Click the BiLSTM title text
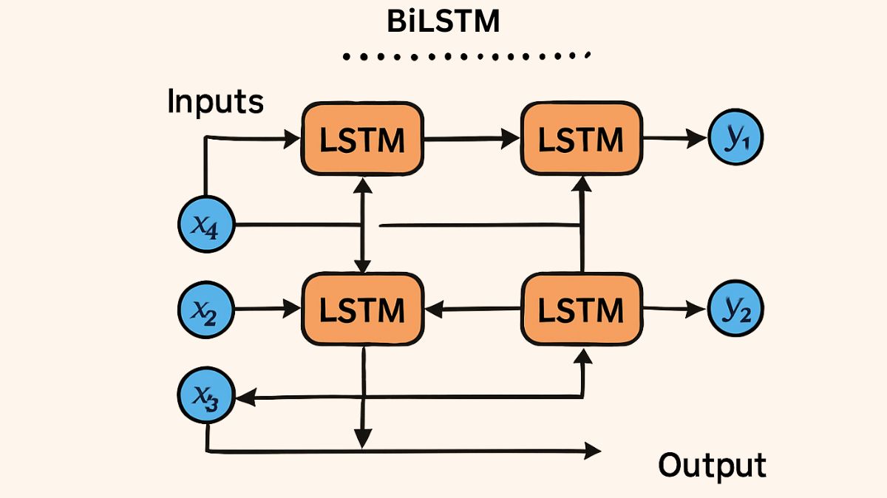coord(443,21)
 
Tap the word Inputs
coord(215,101)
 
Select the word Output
coord(713,465)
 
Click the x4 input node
coord(207,225)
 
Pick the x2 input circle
coord(206,310)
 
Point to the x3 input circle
coord(206,397)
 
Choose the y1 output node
coord(735,137)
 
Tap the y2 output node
coord(735,310)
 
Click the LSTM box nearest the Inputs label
coord(361,139)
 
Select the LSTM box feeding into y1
coord(581,139)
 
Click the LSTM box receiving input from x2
coord(361,309)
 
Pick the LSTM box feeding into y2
coord(581,309)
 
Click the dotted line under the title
coord(466,56)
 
